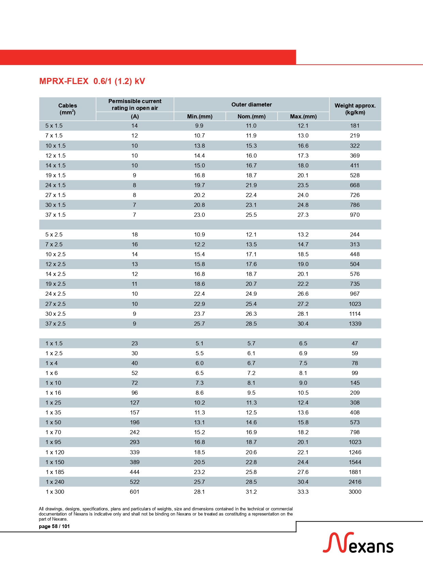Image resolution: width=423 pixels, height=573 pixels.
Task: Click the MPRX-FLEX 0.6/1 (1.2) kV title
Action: (92, 81)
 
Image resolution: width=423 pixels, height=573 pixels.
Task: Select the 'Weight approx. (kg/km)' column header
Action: (355, 109)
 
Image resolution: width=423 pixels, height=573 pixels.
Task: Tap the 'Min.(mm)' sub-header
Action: (200, 116)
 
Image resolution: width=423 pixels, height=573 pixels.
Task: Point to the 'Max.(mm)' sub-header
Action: (303, 116)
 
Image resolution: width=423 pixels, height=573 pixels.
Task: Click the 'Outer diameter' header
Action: (252, 104)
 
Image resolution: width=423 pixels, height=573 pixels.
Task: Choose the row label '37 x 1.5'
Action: (56, 215)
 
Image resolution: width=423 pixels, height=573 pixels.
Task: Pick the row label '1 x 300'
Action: (55, 492)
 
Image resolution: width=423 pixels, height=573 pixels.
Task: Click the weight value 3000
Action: (355, 492)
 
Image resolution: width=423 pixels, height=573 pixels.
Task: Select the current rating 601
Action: (135, 492)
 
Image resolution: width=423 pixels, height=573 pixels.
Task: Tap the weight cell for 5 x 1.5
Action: (355, 126)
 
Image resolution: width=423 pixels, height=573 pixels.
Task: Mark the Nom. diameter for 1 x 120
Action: (251, 452)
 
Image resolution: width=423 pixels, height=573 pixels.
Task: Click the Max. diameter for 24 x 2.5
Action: (303, 294)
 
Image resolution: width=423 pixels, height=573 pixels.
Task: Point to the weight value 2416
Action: (355, 482)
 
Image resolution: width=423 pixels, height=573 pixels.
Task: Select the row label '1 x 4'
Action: (51, 363)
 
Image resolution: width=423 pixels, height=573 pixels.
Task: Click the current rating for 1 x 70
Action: (135, 432)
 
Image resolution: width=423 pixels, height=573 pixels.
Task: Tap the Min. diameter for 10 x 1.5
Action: (199, 146)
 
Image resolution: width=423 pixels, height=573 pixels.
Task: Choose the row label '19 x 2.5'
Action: (56, 284)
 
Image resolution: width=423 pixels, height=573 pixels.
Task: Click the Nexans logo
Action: (358, 543)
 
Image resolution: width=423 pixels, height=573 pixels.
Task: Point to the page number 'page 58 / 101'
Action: (54, 526)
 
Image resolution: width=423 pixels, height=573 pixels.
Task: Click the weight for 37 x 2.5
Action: (355, 324)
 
